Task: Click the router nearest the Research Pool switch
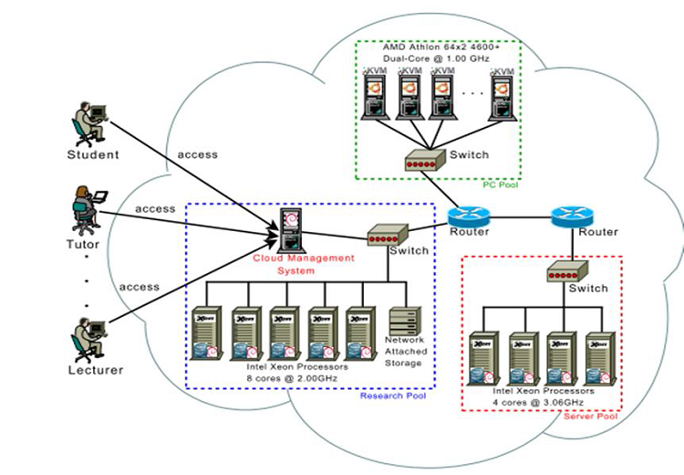pos(469,217)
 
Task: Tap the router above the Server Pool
pos(572,217)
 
